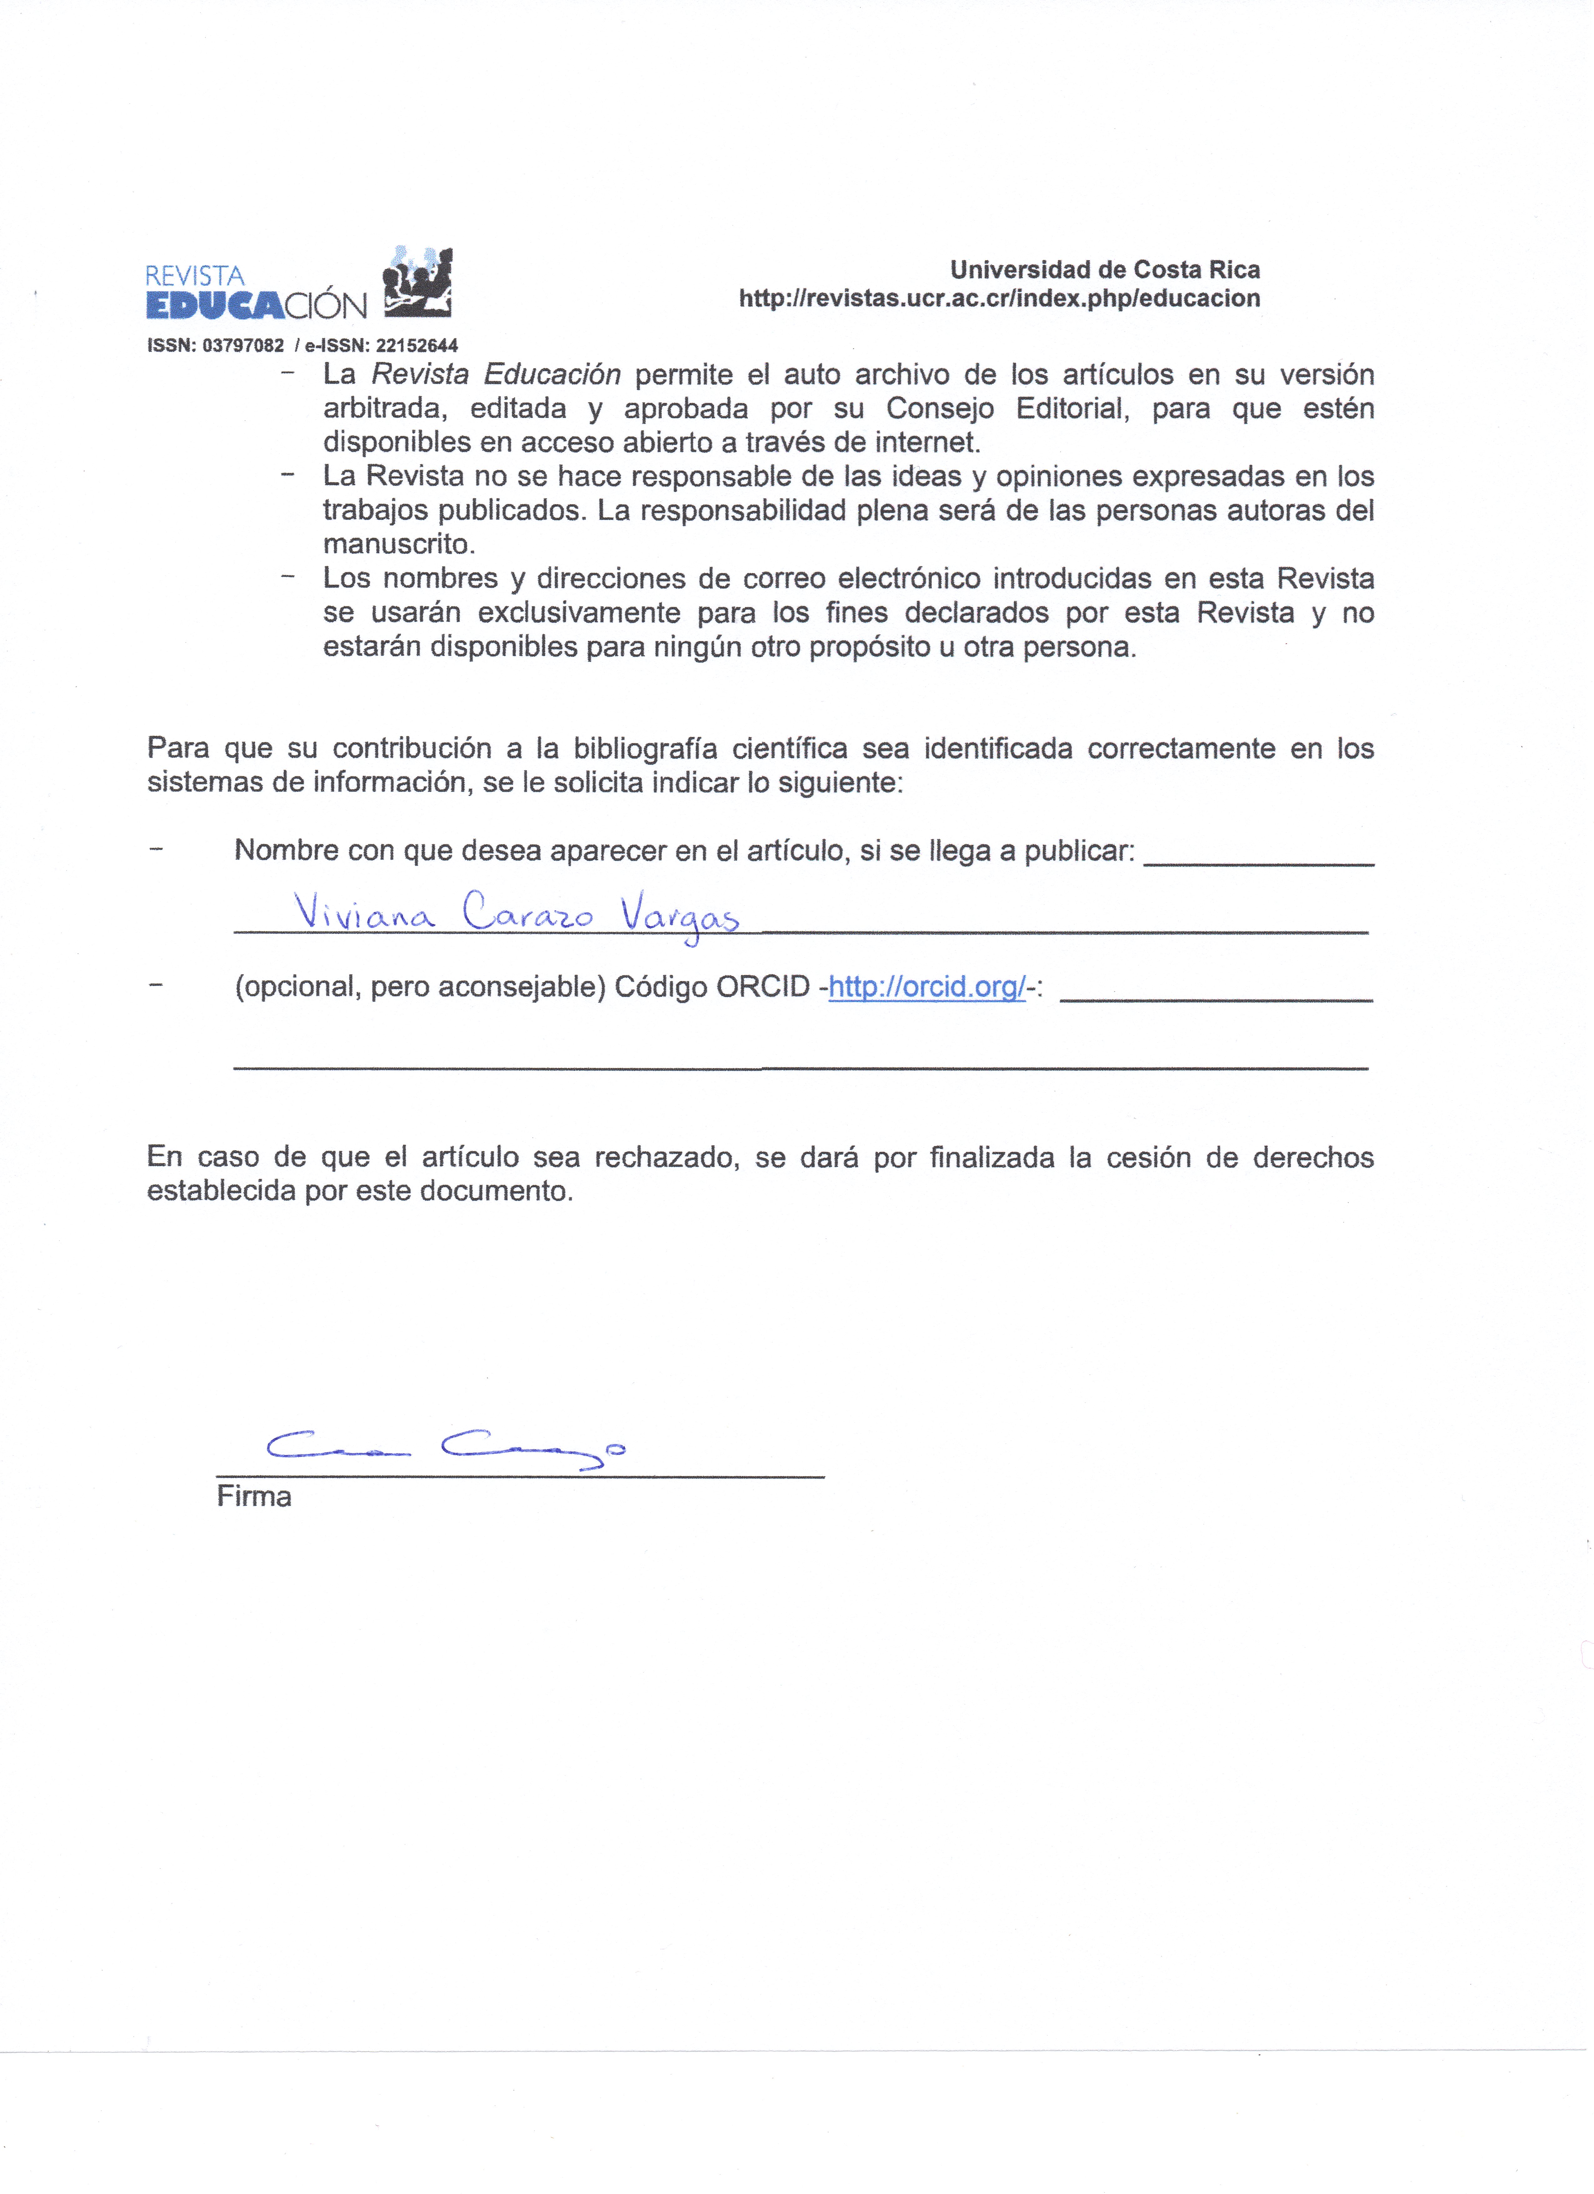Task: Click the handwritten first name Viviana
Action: pyautogui.click(x=365, y=912)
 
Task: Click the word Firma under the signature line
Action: pyautogui.click(x=253, y=1497)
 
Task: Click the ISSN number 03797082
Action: pyautogui.click(x=243, y=345)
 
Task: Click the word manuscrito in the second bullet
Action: pyautogui.click(x=398, y=544)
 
